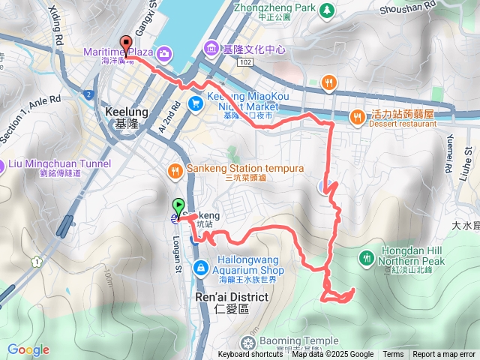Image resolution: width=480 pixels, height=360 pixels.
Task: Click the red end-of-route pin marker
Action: click(x=125, y=43)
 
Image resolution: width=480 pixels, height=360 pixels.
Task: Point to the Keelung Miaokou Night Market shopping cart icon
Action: click(x=195, y=103)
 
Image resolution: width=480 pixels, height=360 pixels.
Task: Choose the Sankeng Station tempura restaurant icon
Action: click(x=175, y=169)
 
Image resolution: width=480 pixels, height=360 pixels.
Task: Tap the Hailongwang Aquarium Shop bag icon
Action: click(x=201, y=268)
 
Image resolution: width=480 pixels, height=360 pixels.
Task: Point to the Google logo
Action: click(x=28, y=349)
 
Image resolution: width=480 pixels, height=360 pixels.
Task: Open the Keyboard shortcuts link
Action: click(x=250, y=355)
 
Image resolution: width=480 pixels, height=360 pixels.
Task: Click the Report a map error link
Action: click(x=444, y=355)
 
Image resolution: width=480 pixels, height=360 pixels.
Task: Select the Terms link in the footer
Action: click(x=393, y=355)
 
